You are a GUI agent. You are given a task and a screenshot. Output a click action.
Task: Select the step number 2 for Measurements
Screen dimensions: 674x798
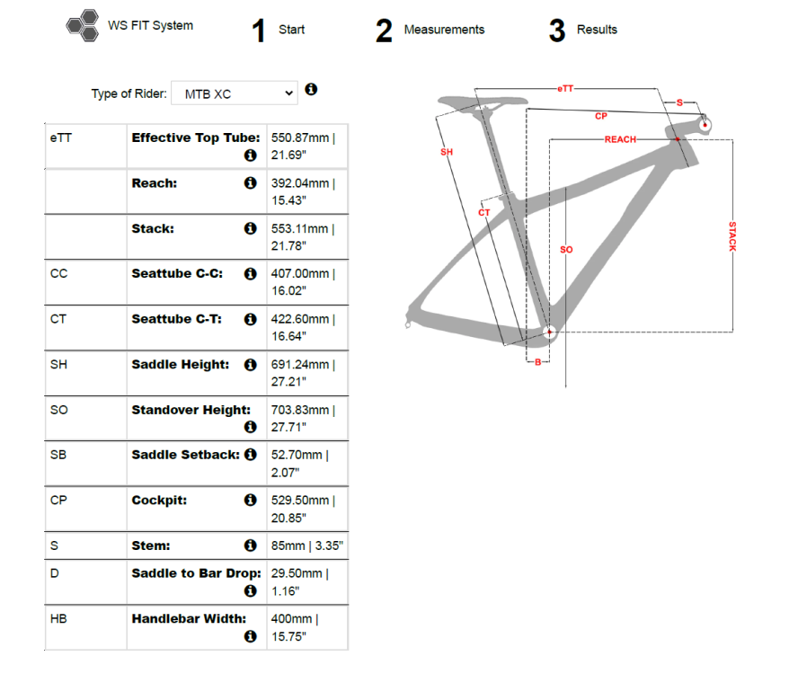(x=384, y=31)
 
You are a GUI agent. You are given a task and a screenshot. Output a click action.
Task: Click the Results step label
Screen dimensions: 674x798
(x=597, y=30)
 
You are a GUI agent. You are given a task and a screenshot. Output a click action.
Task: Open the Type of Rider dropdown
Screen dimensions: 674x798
(x=234, y=93)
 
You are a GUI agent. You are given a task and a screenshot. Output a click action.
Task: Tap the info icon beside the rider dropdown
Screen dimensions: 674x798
(x=311, y=90)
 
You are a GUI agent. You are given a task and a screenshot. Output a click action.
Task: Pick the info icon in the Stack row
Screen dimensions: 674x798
(x=251, y=228)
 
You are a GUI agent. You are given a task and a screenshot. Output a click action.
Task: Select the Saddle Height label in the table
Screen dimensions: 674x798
(x=180, y=365)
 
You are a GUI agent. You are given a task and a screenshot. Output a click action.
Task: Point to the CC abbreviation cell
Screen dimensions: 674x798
(x=59, y=273)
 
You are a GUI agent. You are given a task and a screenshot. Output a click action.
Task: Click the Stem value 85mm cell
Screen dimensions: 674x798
(x=306, y=545)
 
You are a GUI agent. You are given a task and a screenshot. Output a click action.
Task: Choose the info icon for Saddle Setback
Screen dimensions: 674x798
(x=251, y=455)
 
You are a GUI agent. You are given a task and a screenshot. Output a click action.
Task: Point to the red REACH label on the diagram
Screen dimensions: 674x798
(x=620, y=139)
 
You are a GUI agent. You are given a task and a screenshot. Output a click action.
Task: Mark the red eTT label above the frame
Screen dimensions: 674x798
(x=565, y=88)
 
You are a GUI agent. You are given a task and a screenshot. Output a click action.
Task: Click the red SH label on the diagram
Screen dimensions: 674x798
(x=446, y=152)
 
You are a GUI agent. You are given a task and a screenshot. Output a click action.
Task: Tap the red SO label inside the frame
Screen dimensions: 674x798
(x=566, y=249)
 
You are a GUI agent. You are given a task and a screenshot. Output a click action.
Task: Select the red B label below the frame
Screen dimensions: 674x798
(x=537, y=361)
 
